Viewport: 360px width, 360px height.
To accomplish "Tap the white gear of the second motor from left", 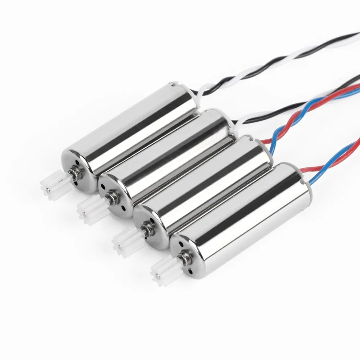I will [87, 210].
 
